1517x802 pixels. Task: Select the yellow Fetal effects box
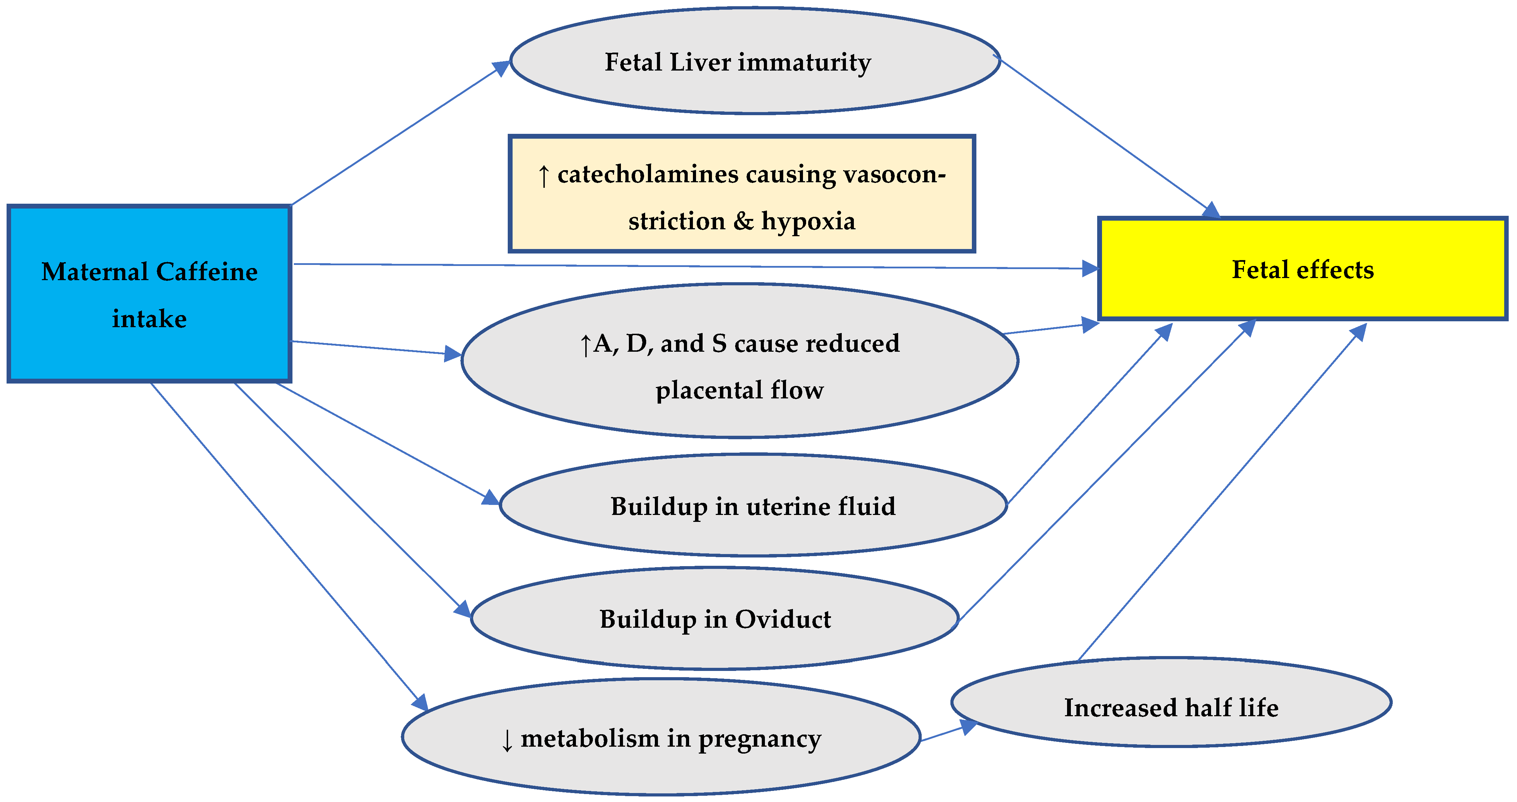point(1303,269)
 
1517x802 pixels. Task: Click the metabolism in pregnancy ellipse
point(661,738)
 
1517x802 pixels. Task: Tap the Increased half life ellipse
point(1171,703)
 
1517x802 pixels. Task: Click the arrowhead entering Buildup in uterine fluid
point(490,498)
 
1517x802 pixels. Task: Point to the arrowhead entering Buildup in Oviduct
point(463,609)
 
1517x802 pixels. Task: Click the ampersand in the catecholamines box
point(743,222)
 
